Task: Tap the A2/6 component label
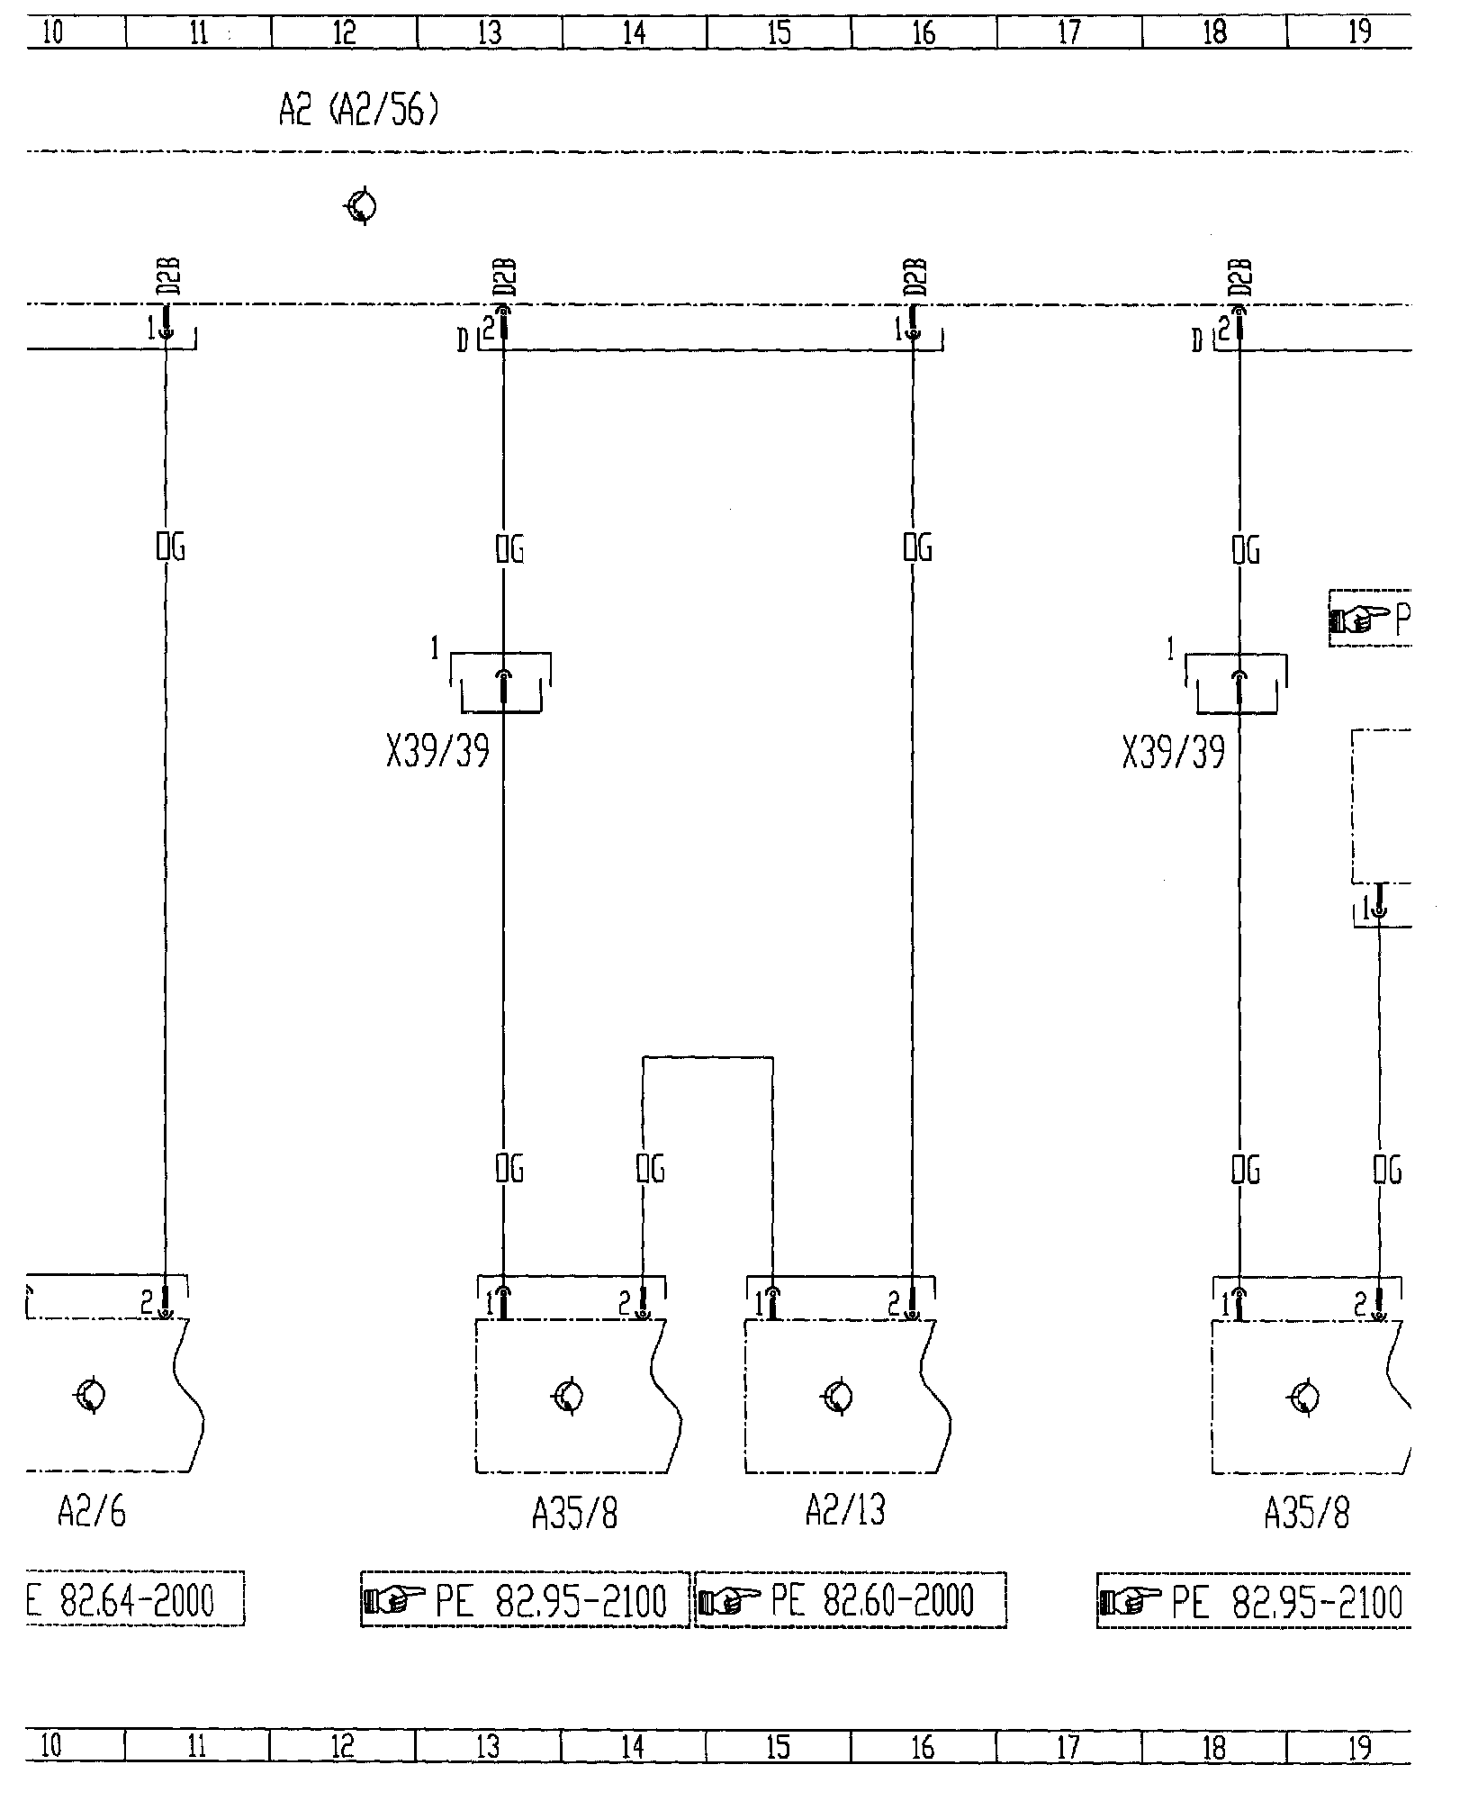pos(92,1513)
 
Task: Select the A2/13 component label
pos(844,1512)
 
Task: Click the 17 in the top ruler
pos(1068,33)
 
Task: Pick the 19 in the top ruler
pos(1359,33)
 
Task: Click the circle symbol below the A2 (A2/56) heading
pos(362,207)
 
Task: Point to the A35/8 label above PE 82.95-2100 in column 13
pos(575,1515)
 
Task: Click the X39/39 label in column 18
pos(1173,752)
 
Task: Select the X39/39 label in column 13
pos(437,752)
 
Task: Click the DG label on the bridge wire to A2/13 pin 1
pos(650,1169)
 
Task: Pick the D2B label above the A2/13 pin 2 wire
pos(915,277)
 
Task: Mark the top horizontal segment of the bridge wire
pos(707,1057)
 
